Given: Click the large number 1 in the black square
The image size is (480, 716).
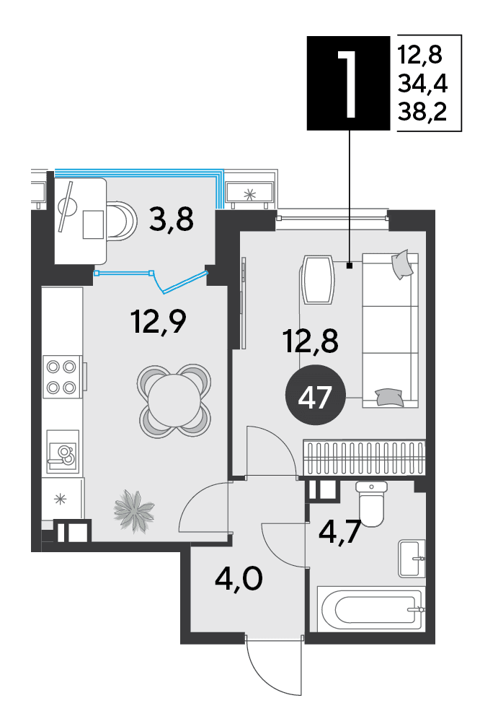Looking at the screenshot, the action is (x=348, y=83).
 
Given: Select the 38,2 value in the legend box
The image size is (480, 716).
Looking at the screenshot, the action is (x=422, y=111).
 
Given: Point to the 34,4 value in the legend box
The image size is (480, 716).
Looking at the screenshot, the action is (x=422, y=83).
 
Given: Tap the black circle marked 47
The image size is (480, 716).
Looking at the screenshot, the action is (x=315, y=396).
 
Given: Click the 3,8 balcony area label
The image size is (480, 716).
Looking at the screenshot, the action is (x=172, y=219).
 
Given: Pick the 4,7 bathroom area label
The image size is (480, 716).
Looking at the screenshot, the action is (x=339, y=531).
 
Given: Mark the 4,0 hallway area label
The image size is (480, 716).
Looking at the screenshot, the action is (x=239, y=580).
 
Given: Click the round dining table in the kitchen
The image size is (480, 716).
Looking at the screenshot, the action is (x=174, y=401).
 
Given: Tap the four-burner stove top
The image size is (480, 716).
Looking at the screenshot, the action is (x=61, y=377).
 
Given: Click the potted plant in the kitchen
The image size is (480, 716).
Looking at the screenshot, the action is (x=133, y=510).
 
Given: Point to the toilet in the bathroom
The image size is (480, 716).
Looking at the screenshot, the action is (x=371, y=504).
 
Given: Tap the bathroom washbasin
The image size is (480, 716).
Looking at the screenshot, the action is (x=412, y=558).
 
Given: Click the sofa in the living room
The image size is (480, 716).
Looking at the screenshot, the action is (x=390, y=330).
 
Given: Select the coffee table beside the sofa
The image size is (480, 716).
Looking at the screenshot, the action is (x=317, y=280).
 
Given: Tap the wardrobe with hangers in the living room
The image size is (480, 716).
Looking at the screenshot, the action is (x=364, y=458).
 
